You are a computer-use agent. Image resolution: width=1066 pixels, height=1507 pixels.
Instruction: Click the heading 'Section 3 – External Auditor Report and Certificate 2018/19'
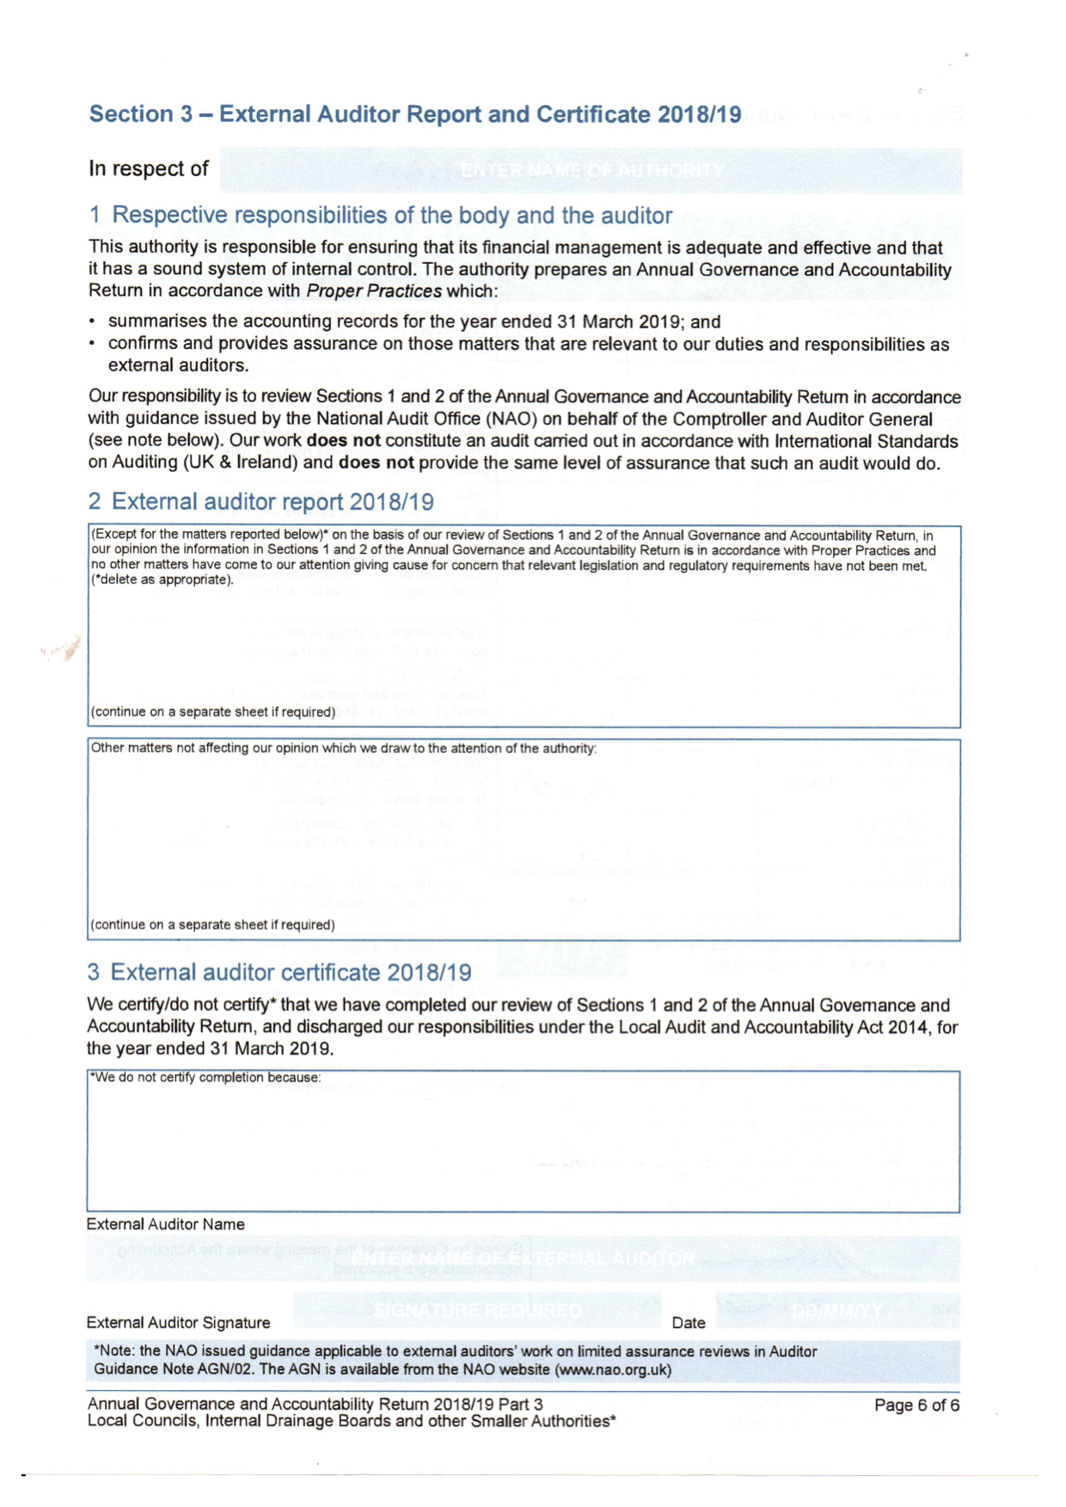(x=415, y=114)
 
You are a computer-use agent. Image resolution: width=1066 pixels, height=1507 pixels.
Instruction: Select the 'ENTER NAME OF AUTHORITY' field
(x=591, y=170)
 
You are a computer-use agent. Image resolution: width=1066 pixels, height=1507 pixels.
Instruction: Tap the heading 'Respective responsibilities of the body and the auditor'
(x=392, y=215)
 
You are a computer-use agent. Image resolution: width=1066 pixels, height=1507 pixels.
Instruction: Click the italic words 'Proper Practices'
(x=374, y=291)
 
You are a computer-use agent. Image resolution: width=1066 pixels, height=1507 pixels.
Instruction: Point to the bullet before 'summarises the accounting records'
(x=92, y=322)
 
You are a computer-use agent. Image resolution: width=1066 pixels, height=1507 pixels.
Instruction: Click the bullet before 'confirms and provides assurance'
(x=92, y=344)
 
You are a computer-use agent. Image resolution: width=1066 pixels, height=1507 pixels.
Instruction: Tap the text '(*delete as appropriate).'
(x=162, y=579)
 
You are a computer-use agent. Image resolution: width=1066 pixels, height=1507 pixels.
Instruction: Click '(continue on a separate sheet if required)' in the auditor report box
(x=213, y=712)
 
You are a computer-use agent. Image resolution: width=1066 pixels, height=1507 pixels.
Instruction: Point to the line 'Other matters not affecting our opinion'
(x=344, y=748)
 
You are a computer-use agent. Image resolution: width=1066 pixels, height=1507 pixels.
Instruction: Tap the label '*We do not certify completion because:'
(x=205, y=1077)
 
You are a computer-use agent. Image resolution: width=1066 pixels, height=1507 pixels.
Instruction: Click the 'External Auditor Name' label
(x=166, y=1224)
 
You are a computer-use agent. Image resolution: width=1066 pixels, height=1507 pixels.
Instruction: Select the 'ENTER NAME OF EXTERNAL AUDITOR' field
(x=523, y=1259)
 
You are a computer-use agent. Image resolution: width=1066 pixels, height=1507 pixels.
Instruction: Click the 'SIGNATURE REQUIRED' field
(x=477, y=1311)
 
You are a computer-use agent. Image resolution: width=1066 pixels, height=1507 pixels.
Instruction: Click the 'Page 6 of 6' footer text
(x=916, y=1406)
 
